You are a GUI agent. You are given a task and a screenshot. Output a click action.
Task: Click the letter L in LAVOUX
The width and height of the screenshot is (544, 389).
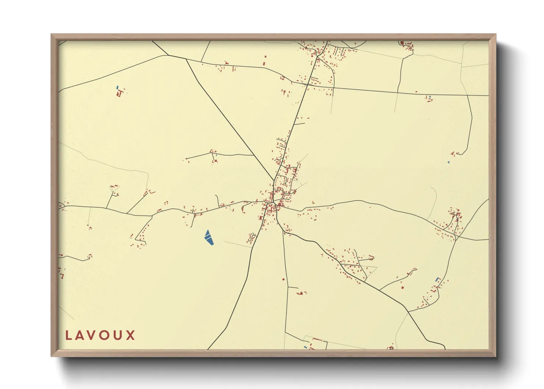(x=68, y=335)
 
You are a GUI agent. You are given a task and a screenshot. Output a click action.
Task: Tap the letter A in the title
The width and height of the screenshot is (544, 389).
(x=81, y=335)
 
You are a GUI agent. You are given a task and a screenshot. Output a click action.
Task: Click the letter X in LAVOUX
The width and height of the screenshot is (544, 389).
(x=131, y=335)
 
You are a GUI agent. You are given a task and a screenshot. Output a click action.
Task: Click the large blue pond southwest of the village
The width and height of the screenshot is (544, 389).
(x=209, y=238)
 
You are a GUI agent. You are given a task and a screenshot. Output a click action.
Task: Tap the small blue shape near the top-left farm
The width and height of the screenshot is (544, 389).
(x=117, y=87)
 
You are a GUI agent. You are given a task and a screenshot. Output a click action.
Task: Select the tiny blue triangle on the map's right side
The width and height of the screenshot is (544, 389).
(x=448, y=162)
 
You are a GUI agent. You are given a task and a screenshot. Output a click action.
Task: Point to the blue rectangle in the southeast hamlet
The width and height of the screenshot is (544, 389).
(x=437, y=279)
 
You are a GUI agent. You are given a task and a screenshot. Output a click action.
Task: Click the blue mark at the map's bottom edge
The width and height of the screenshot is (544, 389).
(x=305, y=347)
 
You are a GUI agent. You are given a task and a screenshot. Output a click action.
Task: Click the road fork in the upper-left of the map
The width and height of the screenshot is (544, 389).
(x=186, y=59)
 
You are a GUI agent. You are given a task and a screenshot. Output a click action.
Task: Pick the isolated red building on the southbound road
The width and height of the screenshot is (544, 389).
(x=283, y=279)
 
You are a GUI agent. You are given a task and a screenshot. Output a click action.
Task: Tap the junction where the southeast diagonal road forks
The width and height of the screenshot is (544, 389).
(x=408, y=312)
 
